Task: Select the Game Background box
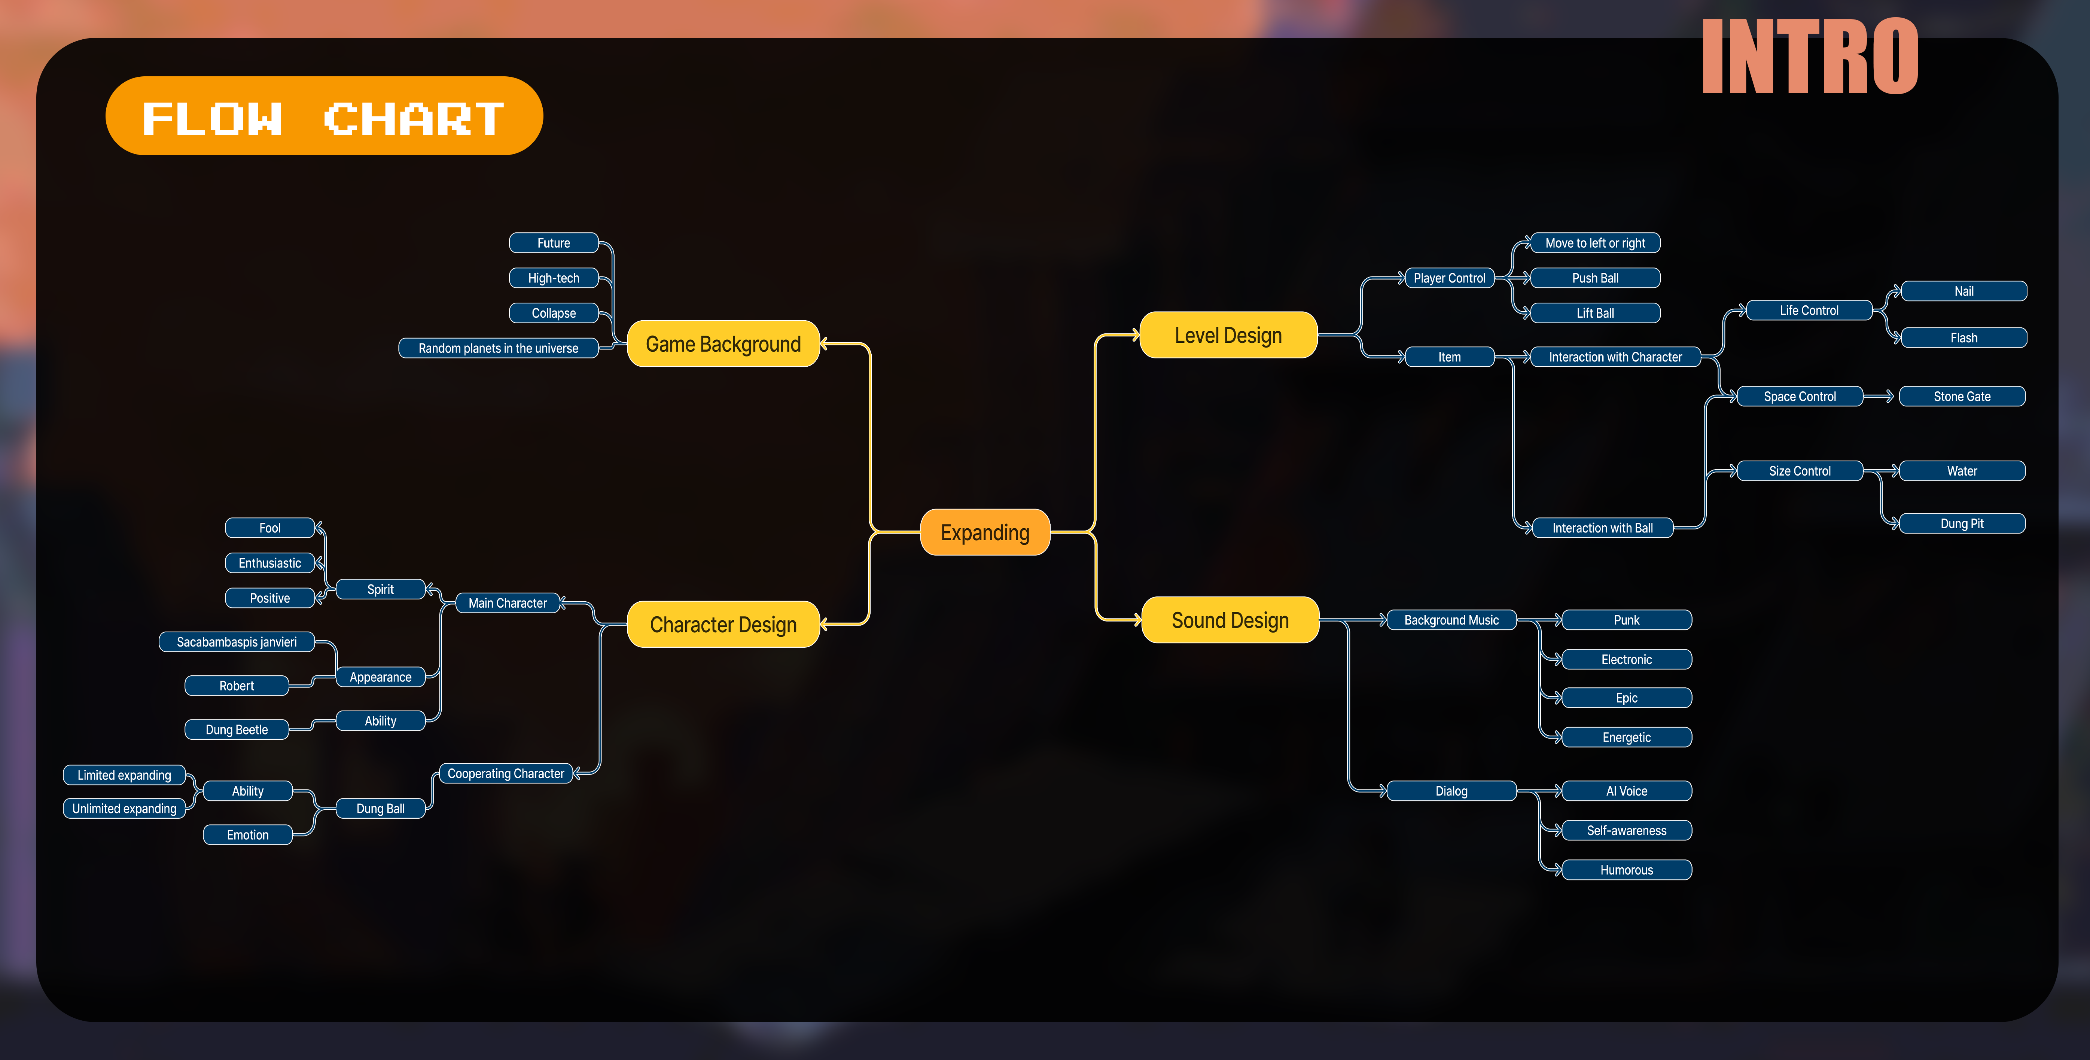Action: pos(723,344)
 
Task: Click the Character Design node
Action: pos(723,624)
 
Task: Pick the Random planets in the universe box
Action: pos(498,348)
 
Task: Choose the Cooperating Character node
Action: pos(505,773)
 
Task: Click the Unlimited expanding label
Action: pos(124,808)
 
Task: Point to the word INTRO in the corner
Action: pos(1809,57)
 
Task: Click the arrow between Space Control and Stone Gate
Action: pos(1879,396)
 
